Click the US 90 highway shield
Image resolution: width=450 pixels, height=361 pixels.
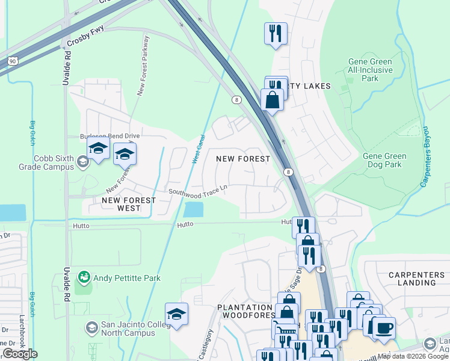point(13,61)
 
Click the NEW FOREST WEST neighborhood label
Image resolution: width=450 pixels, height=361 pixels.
point(129,204)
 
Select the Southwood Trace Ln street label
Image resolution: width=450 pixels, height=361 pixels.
point(198,190)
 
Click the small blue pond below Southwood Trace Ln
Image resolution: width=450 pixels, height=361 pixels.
point(193,209)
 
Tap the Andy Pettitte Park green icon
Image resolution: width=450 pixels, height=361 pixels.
point(84,277)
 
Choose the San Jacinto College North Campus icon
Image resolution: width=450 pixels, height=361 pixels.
point(92,327)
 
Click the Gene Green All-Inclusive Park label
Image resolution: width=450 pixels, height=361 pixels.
point(371,70)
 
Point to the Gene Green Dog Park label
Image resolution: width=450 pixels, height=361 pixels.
point(384,160)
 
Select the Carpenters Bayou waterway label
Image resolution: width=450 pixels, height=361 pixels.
point(425,156)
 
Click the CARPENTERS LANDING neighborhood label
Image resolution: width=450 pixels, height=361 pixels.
point(416,279)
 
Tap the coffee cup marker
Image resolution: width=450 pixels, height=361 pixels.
point(384,328)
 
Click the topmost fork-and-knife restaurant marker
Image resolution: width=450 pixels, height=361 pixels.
point(276,33)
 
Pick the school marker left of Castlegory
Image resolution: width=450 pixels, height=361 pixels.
point(176,314)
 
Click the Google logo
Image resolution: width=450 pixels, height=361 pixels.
point(19,354)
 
